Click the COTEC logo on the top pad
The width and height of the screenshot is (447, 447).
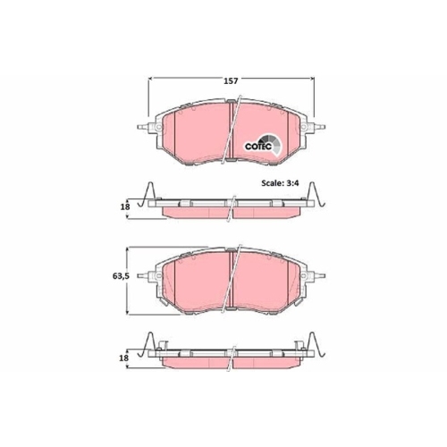(263, 145)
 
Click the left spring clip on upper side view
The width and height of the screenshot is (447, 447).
(150, 196)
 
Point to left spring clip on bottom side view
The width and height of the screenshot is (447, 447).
(150, 348)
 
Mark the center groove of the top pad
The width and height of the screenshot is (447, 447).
(231, 134)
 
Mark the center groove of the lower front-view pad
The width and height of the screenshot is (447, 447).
(231, 284)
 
